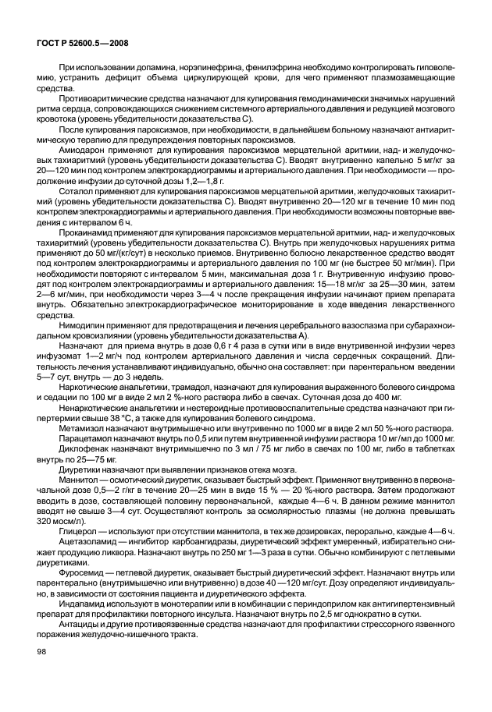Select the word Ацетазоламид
coord(88,540)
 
